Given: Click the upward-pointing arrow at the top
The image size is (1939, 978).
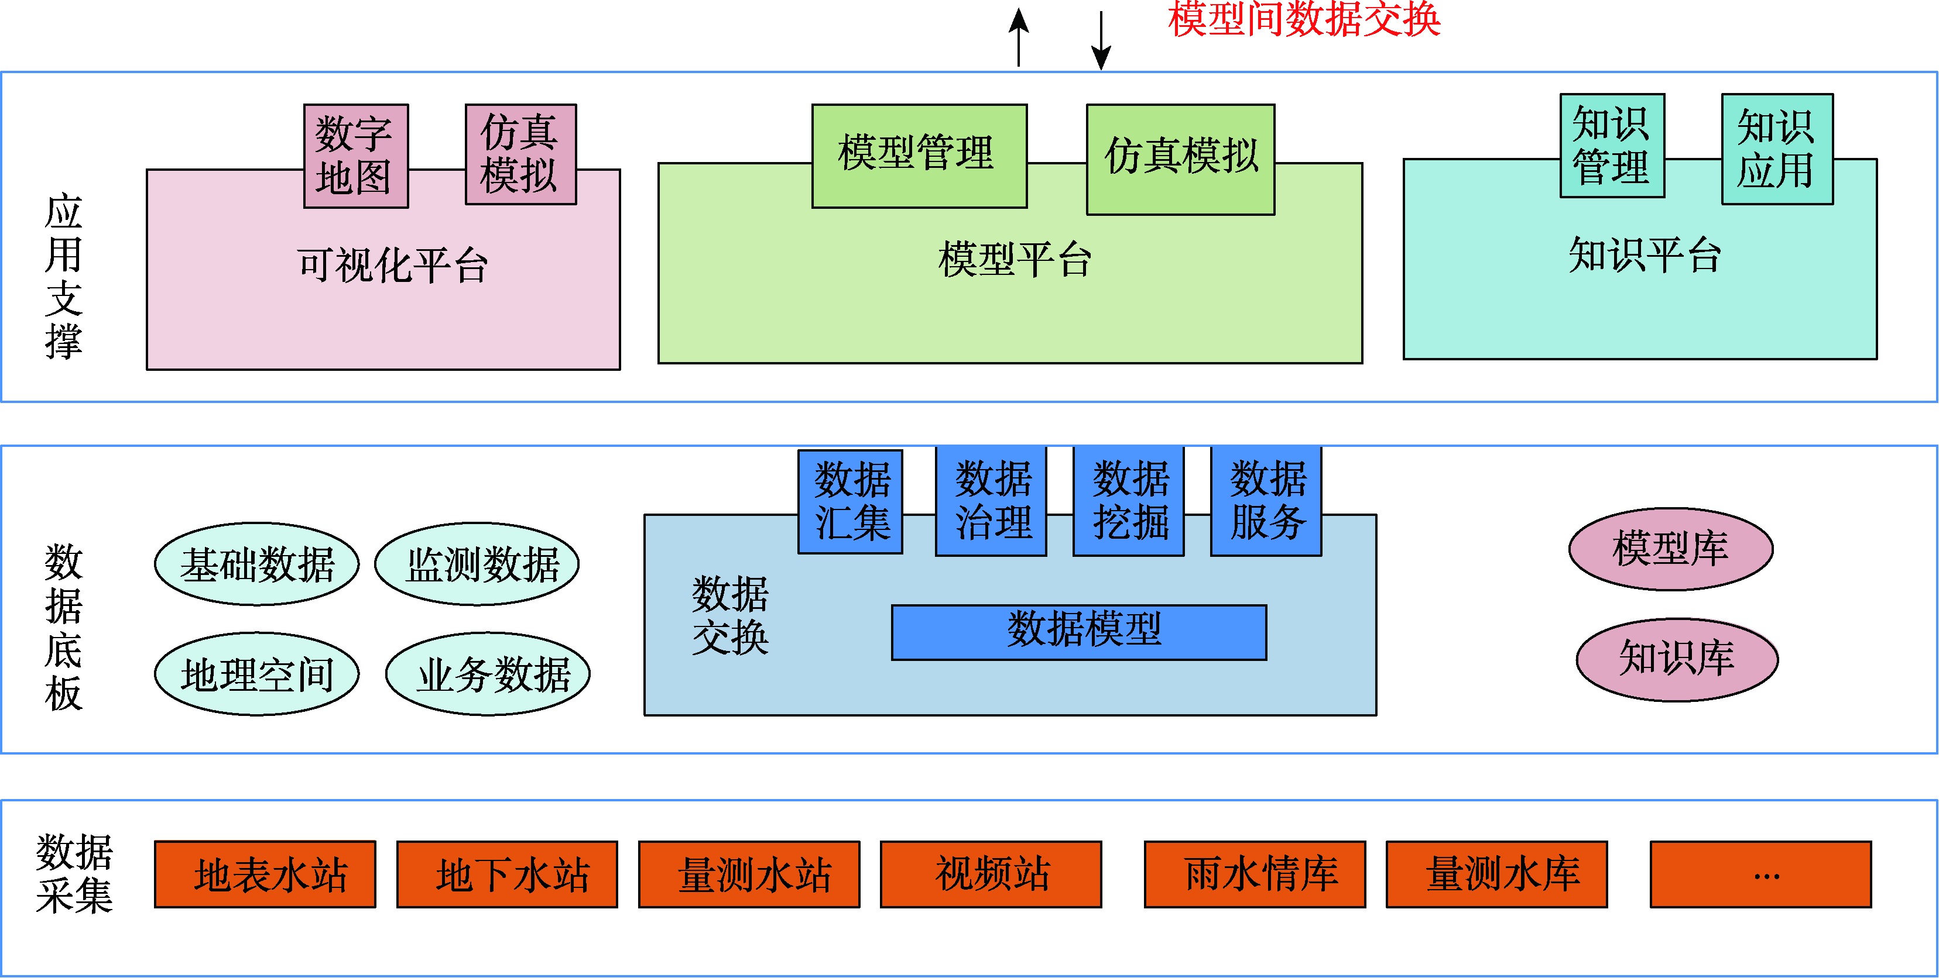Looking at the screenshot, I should [1019, 37].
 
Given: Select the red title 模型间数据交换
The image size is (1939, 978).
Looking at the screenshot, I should [1304, 19].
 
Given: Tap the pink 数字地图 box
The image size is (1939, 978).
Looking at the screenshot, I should [356, 156].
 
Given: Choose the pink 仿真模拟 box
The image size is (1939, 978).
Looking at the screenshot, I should [520, 154].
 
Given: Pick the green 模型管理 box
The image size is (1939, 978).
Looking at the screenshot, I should [919, 156].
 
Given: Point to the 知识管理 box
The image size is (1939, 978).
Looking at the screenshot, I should [1612, 145].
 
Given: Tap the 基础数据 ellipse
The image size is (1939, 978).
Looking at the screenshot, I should [256, 564].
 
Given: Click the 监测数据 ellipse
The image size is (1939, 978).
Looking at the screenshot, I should [477, 564].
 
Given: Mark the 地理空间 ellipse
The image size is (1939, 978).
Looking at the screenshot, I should [256, 674].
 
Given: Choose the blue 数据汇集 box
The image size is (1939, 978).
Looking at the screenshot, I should [850, 502].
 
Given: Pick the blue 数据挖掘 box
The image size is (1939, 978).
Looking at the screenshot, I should [1128, 502].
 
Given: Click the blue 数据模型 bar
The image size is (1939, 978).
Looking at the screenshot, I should [1078, 632].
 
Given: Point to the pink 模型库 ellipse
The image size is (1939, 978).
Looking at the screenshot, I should [1670, 549].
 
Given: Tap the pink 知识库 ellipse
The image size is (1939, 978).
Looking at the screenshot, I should [1677, 659].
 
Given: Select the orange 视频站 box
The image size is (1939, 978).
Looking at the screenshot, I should [991, 874].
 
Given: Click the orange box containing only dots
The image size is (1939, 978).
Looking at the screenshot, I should [1760, 874].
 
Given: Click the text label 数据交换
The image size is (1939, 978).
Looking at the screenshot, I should [730, 615].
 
